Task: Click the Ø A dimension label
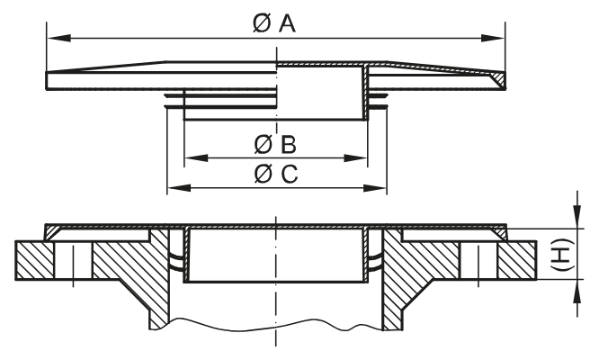274,23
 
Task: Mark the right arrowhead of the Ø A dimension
496,38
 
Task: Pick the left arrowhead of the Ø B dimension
192,158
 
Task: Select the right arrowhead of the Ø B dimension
360,158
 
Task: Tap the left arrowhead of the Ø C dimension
177,188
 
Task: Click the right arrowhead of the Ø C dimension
377,188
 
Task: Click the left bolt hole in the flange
71,261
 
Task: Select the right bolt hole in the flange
479,261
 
